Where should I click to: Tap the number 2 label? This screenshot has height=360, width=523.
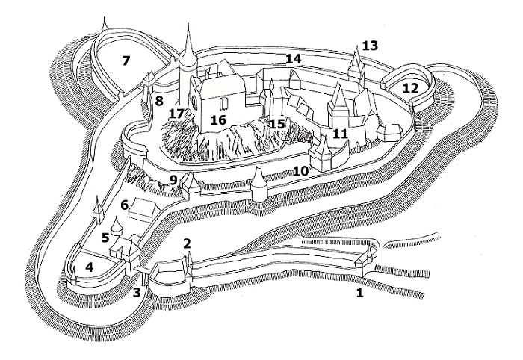click(187, 243)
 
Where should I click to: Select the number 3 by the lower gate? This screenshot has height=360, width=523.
click(137, 291)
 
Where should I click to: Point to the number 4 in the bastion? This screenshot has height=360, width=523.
click(90, 267)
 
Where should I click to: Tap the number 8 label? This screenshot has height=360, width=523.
click(158, 101)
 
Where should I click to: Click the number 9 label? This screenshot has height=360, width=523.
click(173, 179)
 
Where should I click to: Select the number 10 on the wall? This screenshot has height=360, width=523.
click(300, 172)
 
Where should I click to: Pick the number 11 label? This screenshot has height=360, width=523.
click(341, 134)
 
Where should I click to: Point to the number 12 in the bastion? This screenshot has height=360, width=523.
click(410, 87)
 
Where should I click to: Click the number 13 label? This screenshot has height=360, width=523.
click(370, 46)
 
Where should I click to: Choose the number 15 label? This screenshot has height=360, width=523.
click(277, 124)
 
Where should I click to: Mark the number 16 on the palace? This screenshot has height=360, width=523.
click(217, 120)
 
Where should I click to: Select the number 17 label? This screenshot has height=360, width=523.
click(176, 114)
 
